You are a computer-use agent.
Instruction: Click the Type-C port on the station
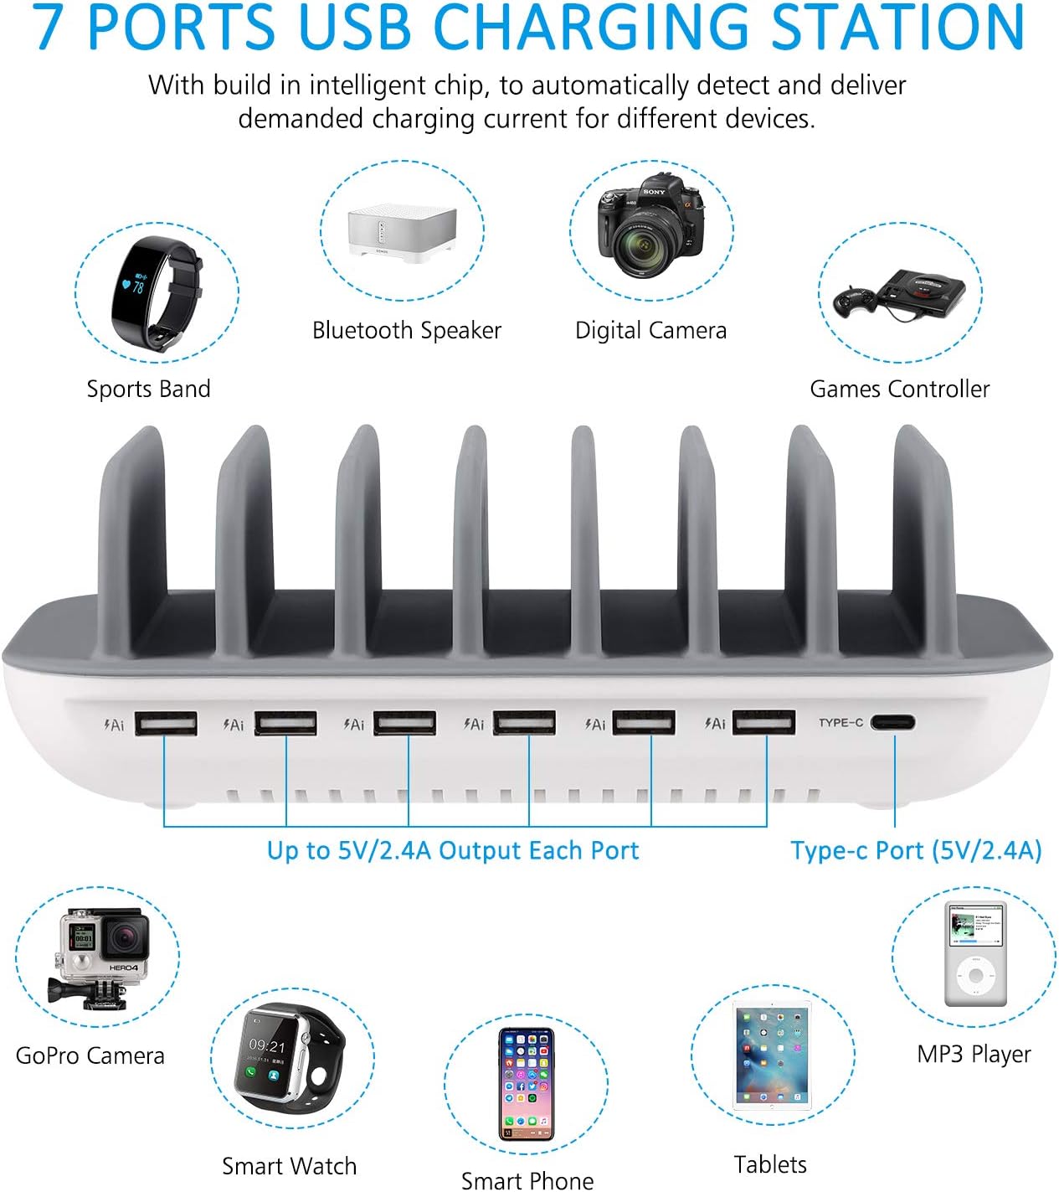pos(892,722)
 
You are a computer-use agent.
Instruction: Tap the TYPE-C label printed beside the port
pos(841,722)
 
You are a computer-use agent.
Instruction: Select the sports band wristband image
pos(156,293)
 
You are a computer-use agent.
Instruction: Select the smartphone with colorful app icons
pos(527,1084)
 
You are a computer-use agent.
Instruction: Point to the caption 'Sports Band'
pos(149,389)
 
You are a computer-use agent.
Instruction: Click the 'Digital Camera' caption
pos(650,330)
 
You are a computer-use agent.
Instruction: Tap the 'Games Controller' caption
pos(899,389)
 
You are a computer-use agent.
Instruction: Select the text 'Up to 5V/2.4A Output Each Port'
pos(453,850)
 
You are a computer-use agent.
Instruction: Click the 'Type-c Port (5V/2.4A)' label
pos(916,850)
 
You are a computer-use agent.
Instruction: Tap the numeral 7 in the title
pos(49,27)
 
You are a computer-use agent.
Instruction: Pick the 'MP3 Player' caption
pos(974,1054)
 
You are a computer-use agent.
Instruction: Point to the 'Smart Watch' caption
pos(289,1166)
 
